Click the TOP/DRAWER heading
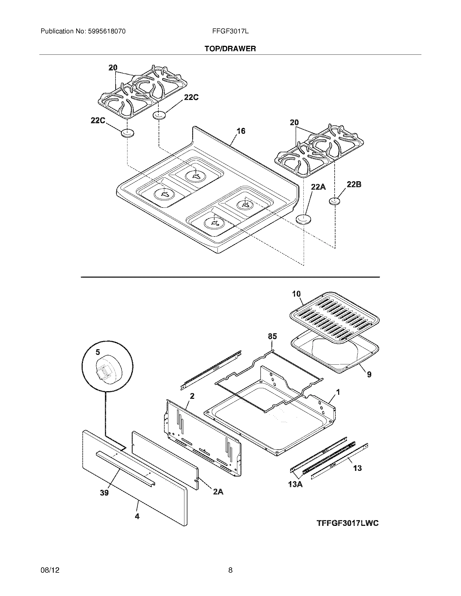(230, 49)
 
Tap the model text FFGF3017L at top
(230, 31)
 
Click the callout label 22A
(318, 187)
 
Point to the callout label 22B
(354, 184)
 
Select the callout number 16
(241, 131)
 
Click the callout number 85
(272, 336)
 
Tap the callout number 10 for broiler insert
(296, 294)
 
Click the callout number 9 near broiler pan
(369, 374)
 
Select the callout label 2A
(218, 492)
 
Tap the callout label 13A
(295, 485)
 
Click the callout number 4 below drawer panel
(137, 516)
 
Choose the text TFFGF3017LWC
(348, 523)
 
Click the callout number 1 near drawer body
(338, 392)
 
